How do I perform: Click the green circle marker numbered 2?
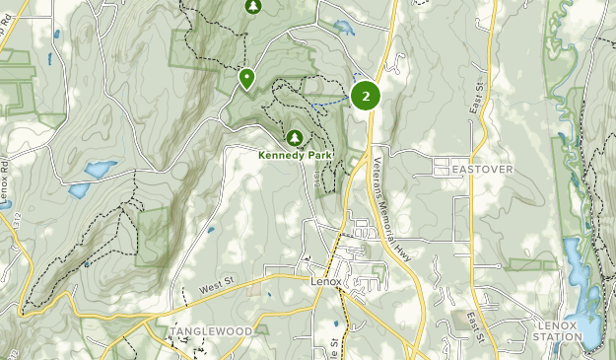366,96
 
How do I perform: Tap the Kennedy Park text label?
295,155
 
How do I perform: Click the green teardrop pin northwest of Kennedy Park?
245,77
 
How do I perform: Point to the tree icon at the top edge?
253,7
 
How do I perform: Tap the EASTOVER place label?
482,170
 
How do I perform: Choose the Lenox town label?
325,281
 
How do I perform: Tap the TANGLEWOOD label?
211,330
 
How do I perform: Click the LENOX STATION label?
559,330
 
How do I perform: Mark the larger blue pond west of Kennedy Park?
101,170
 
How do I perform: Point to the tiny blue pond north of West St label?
212,231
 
